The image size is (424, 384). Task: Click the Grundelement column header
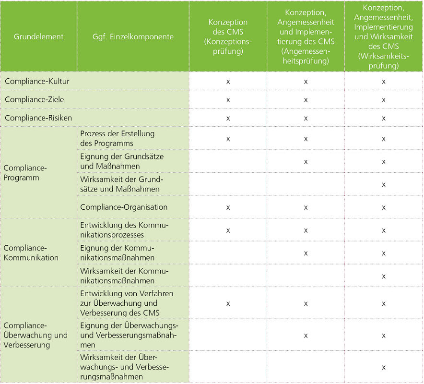point(38,37)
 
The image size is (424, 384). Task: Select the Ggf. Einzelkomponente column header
point(133,37)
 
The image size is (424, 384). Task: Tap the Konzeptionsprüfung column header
point(228,37)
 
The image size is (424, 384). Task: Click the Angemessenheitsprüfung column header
point(306,37)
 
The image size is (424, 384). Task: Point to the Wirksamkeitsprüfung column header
point(383,37)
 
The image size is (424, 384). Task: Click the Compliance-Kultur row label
point(37,82)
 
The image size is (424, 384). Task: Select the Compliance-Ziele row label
point(34,100)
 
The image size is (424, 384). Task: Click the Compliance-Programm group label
point(25,173)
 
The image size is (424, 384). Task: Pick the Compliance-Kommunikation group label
point(31,253)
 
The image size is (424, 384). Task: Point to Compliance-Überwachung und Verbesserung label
point(35,335)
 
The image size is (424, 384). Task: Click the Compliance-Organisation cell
point(124,207)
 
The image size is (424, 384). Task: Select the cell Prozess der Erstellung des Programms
point(117,139)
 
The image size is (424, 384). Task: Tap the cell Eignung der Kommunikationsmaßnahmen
point(117,253)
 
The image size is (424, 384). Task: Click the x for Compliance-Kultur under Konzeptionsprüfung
point(228,82)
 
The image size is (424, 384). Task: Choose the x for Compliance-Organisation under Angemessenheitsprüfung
point(306,208)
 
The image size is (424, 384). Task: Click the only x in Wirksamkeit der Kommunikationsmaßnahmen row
point(384,276)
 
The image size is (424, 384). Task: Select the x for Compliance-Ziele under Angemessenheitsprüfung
point(306,100)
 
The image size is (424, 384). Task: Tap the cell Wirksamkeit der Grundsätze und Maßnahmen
point(121,184)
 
